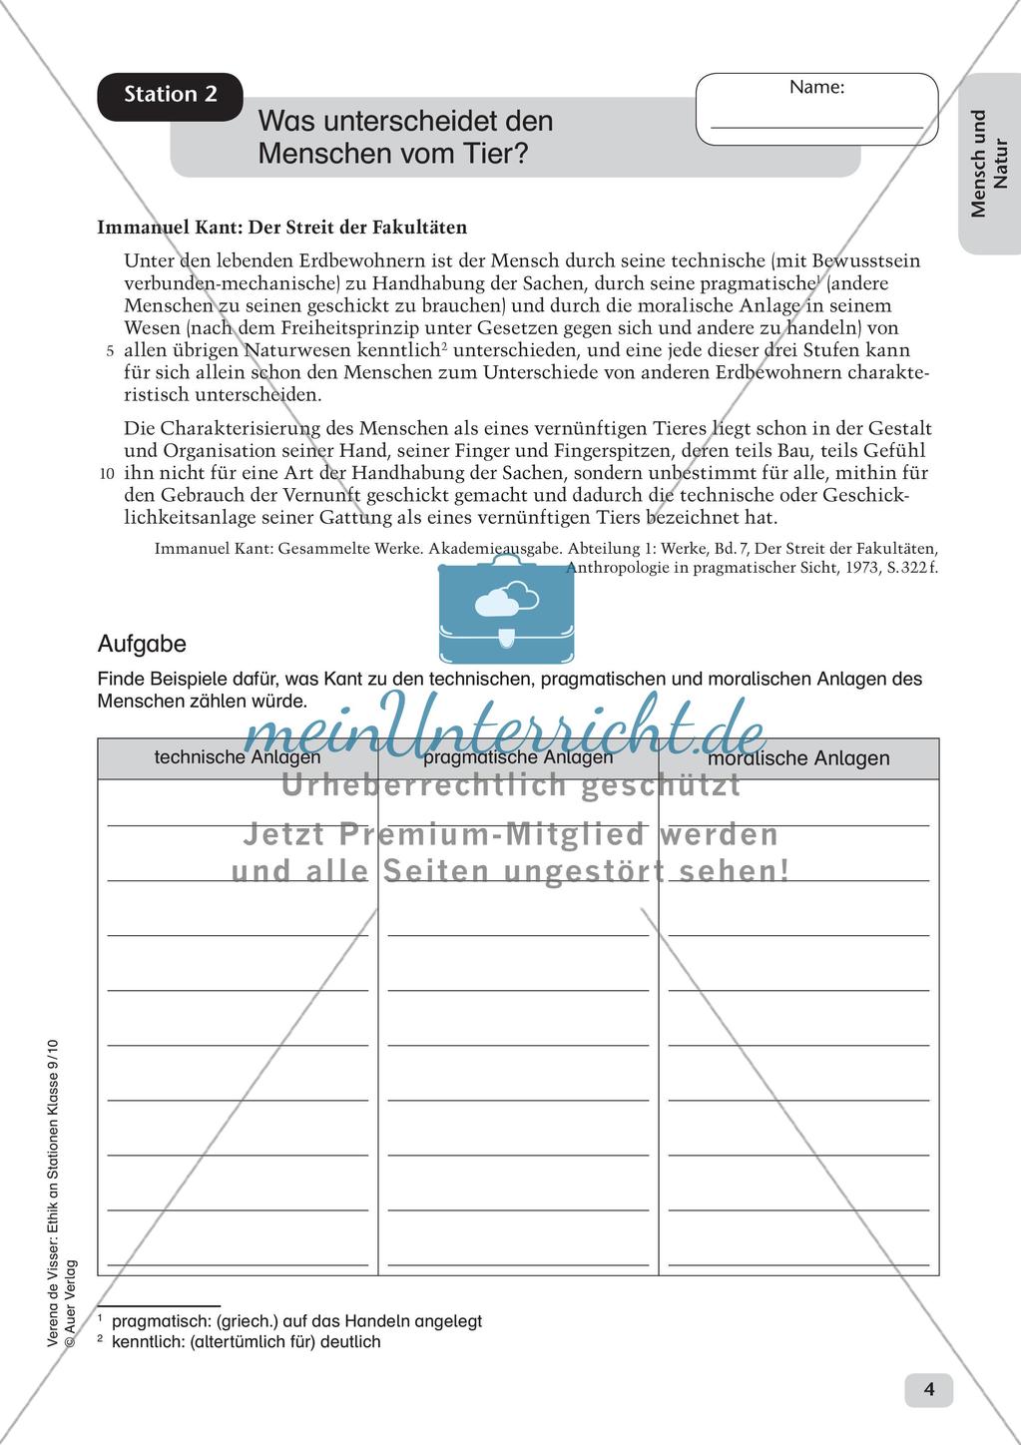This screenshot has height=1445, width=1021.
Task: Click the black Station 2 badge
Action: pyautogui.click(x=170, y=96)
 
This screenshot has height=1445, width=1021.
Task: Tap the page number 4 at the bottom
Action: pyautogui.click(x=928, y=1389)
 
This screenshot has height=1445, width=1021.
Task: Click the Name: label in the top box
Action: pyautogui.click(x=816, y=88)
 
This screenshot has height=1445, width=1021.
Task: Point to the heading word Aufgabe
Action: pyautogui.click(x=142, y=645)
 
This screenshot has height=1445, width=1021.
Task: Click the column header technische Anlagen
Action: pyautogui.click(x=238, y=757)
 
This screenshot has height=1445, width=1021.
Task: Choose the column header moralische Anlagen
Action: pyautogui.click(x=798, y=758)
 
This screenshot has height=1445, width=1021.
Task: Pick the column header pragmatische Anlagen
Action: pyautogui.click(x=518, y=757)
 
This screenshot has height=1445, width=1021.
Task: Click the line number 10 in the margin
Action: pyautogui.click(x=107, y=473)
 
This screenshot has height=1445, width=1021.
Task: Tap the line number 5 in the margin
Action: pyautogui.click(x=109, y=351)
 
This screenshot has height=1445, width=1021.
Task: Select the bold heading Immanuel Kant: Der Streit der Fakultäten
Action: pyautogui.click(x=281, y=228)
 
